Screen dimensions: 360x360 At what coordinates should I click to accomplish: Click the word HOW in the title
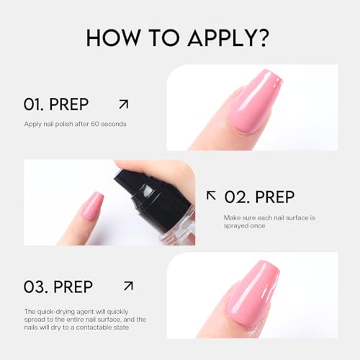coord(114,37)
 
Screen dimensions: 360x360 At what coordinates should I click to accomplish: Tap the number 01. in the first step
coord(37,104)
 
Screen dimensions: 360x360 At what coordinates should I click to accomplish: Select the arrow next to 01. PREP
coord(123,104)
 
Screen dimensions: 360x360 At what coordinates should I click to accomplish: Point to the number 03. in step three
coord(39,287)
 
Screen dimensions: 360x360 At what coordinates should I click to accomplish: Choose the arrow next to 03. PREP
coord(128,286)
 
